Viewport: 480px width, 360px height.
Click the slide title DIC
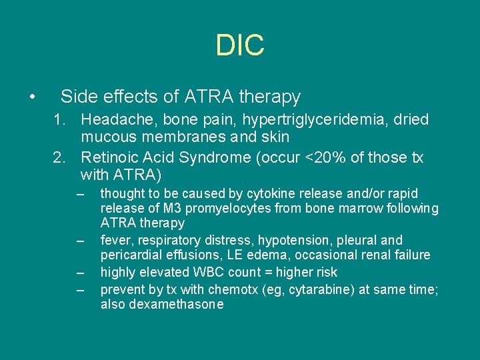(x=240, y=45)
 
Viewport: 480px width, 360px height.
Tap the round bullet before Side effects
(x=32, y=97)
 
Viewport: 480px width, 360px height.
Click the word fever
(x=114, y=240)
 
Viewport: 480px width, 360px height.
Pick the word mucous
(x=107, y=137)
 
